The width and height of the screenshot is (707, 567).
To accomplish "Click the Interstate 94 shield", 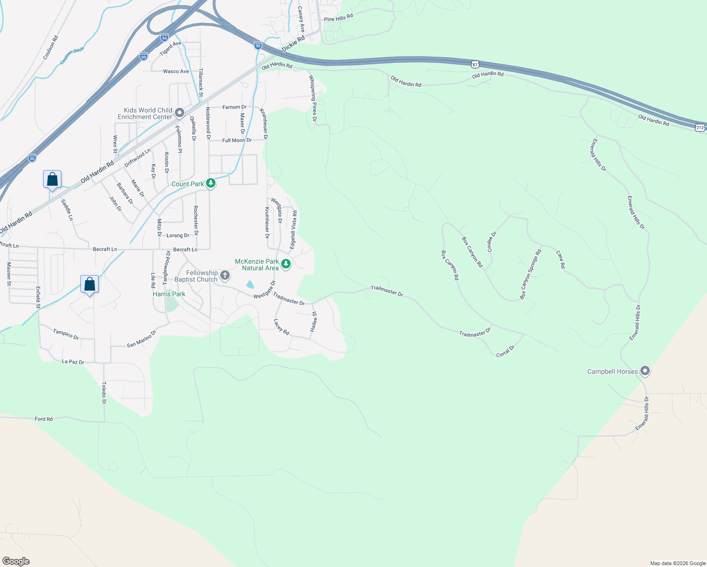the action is [x=164, y=37].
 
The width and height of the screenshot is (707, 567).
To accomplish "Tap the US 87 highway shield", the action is [x=475, y=63].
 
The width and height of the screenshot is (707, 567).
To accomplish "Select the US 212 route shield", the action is [x=700, y=127].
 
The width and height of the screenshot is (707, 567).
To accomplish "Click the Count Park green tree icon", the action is [x=211, y=183].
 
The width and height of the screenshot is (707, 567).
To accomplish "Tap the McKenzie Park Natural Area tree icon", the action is [x=285, y=264].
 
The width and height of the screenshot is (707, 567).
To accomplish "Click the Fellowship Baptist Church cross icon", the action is [x=225, y=275].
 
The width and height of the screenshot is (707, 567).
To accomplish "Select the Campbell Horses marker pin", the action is [x=645, y=371].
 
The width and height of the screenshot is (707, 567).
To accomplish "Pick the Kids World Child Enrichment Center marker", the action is [x=179, y=113].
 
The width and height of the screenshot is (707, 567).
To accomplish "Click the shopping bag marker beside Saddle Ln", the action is [x=52, y=180].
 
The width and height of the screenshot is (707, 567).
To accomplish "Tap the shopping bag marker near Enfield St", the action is [x=89, y=284].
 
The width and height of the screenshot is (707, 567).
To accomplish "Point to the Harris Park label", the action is [x=169, y=294].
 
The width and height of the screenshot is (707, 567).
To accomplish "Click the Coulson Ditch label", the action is [x=72, y=56].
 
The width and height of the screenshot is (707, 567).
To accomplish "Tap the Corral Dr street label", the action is [x=505, y=352].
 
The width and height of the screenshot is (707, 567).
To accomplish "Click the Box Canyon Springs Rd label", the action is [x=530, y=275].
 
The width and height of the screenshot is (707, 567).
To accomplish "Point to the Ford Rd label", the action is [x=43, y=419].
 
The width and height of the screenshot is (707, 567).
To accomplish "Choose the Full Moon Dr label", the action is [x=237, y=140].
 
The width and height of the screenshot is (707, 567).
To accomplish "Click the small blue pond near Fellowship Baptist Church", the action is [x=250, y=284].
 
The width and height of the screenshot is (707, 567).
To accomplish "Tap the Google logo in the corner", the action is [x=16, y=561].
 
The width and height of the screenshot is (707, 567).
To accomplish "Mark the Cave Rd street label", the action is [x=560, y=259].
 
